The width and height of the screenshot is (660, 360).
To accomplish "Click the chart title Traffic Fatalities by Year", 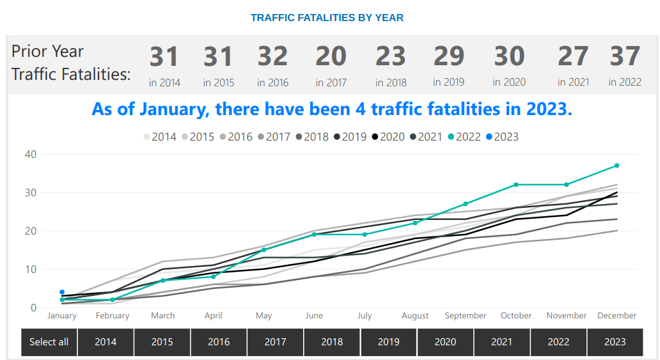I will click(x=327, y=17).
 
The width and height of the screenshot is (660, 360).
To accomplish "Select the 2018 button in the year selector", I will click(x=332, y=342).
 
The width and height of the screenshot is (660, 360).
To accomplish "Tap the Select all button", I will click(x=49, y=342).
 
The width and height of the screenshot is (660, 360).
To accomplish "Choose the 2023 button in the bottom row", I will click(x=615, y=342).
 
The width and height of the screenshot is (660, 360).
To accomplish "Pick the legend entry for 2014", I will click(x=159, y=136).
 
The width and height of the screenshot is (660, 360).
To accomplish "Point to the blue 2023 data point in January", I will click(x=62, y=292).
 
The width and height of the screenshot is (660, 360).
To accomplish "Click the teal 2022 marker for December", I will click(x=617, y=166).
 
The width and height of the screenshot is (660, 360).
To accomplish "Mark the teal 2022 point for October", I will click(x=516, y=185).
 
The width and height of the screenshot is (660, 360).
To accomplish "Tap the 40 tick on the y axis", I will click(x=30, y=154).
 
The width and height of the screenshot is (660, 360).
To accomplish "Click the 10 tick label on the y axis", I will click(x=30, y=269).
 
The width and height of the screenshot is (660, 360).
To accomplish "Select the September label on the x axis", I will click(x=466, y=316).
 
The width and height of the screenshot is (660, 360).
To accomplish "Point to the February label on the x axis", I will click(x=113, y=316).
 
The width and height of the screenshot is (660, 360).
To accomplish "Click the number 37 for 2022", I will click(x=625, y=56).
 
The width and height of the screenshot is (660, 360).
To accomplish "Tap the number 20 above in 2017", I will click(x=331, y=56).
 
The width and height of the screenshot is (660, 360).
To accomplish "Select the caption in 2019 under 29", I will click(x=448, y=82).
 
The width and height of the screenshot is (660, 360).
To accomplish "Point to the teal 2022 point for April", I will click(x=214, y=277).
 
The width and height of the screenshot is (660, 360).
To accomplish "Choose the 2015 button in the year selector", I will click(x=162, y=342).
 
